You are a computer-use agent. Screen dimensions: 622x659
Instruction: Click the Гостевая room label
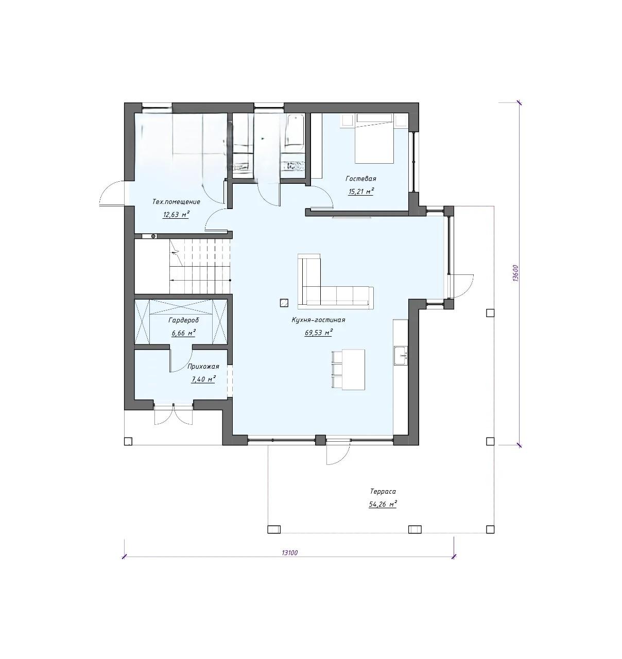tap(361, 179)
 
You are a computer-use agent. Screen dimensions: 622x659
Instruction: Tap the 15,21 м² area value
tap(361, 192)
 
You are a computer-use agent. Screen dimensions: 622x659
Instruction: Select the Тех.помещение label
tap(176, 202)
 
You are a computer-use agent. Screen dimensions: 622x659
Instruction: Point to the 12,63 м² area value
tap(176, 214)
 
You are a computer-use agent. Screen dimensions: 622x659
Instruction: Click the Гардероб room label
tap(183, 321)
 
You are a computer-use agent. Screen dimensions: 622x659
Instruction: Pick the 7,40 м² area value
tap(203, 379)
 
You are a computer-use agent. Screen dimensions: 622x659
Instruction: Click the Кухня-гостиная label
tap(318, 320)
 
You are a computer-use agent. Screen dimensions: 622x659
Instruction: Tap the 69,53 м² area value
tap(319, 333)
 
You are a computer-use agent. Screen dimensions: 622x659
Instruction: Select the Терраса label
tap(383, 492)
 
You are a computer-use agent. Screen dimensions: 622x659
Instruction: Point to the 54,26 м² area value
tap(383, 505)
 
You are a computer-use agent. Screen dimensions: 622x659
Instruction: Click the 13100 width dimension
tap(290, 552)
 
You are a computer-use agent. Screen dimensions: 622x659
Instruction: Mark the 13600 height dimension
tap(515, 273)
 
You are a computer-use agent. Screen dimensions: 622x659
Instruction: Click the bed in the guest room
tap(374, 138)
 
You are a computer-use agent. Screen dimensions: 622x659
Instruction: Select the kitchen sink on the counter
tap(401, 355)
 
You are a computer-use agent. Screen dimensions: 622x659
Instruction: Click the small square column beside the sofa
tap(284, 302)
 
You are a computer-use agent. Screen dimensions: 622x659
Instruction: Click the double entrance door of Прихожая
tap(174, 413)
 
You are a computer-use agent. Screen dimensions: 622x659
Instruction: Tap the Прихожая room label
tap(203, 367)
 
